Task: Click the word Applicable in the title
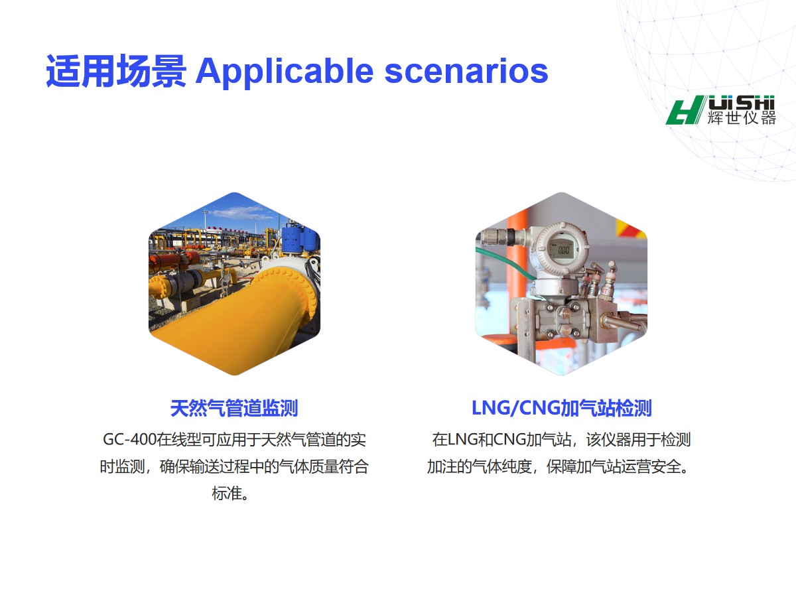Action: [285, 72]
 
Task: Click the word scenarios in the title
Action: [466, 72]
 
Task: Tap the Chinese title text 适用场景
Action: [116, 71]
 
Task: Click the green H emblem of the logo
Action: [685, 110]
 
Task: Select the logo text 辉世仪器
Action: [741, 118]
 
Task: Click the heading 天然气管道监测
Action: [234, 408]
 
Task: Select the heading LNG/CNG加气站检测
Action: [561, 408]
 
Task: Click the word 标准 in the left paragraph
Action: [227, 494]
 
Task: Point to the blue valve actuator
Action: [297, 237]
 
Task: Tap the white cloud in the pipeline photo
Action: [239, 213]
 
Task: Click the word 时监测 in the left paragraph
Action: [122, 466]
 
